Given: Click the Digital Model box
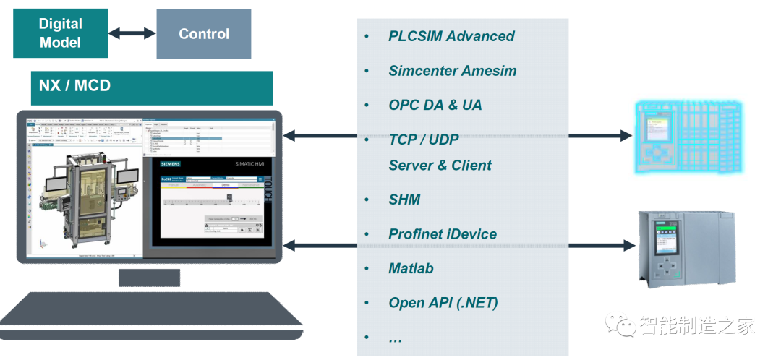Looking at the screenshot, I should (60, 34).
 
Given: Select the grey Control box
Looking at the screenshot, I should (204, 34).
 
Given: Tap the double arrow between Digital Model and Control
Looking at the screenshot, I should (132, 34).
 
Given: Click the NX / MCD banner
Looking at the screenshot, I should (151, 87).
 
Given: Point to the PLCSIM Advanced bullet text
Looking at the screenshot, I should (451, 36).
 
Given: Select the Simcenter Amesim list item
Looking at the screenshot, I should (452, 71).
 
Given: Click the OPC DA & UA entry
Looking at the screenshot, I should (435, 106).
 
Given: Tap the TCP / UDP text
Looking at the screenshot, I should (423, 140).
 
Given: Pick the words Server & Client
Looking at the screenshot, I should (440, 166).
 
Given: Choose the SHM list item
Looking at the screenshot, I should (404, 200).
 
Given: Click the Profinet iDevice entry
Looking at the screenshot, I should (443, 234).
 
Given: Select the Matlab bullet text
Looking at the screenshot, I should (411, 269).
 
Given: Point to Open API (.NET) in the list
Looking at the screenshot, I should (443, 303).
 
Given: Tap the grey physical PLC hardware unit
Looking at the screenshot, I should (683, 246).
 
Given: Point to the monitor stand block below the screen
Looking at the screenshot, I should (149, 278).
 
